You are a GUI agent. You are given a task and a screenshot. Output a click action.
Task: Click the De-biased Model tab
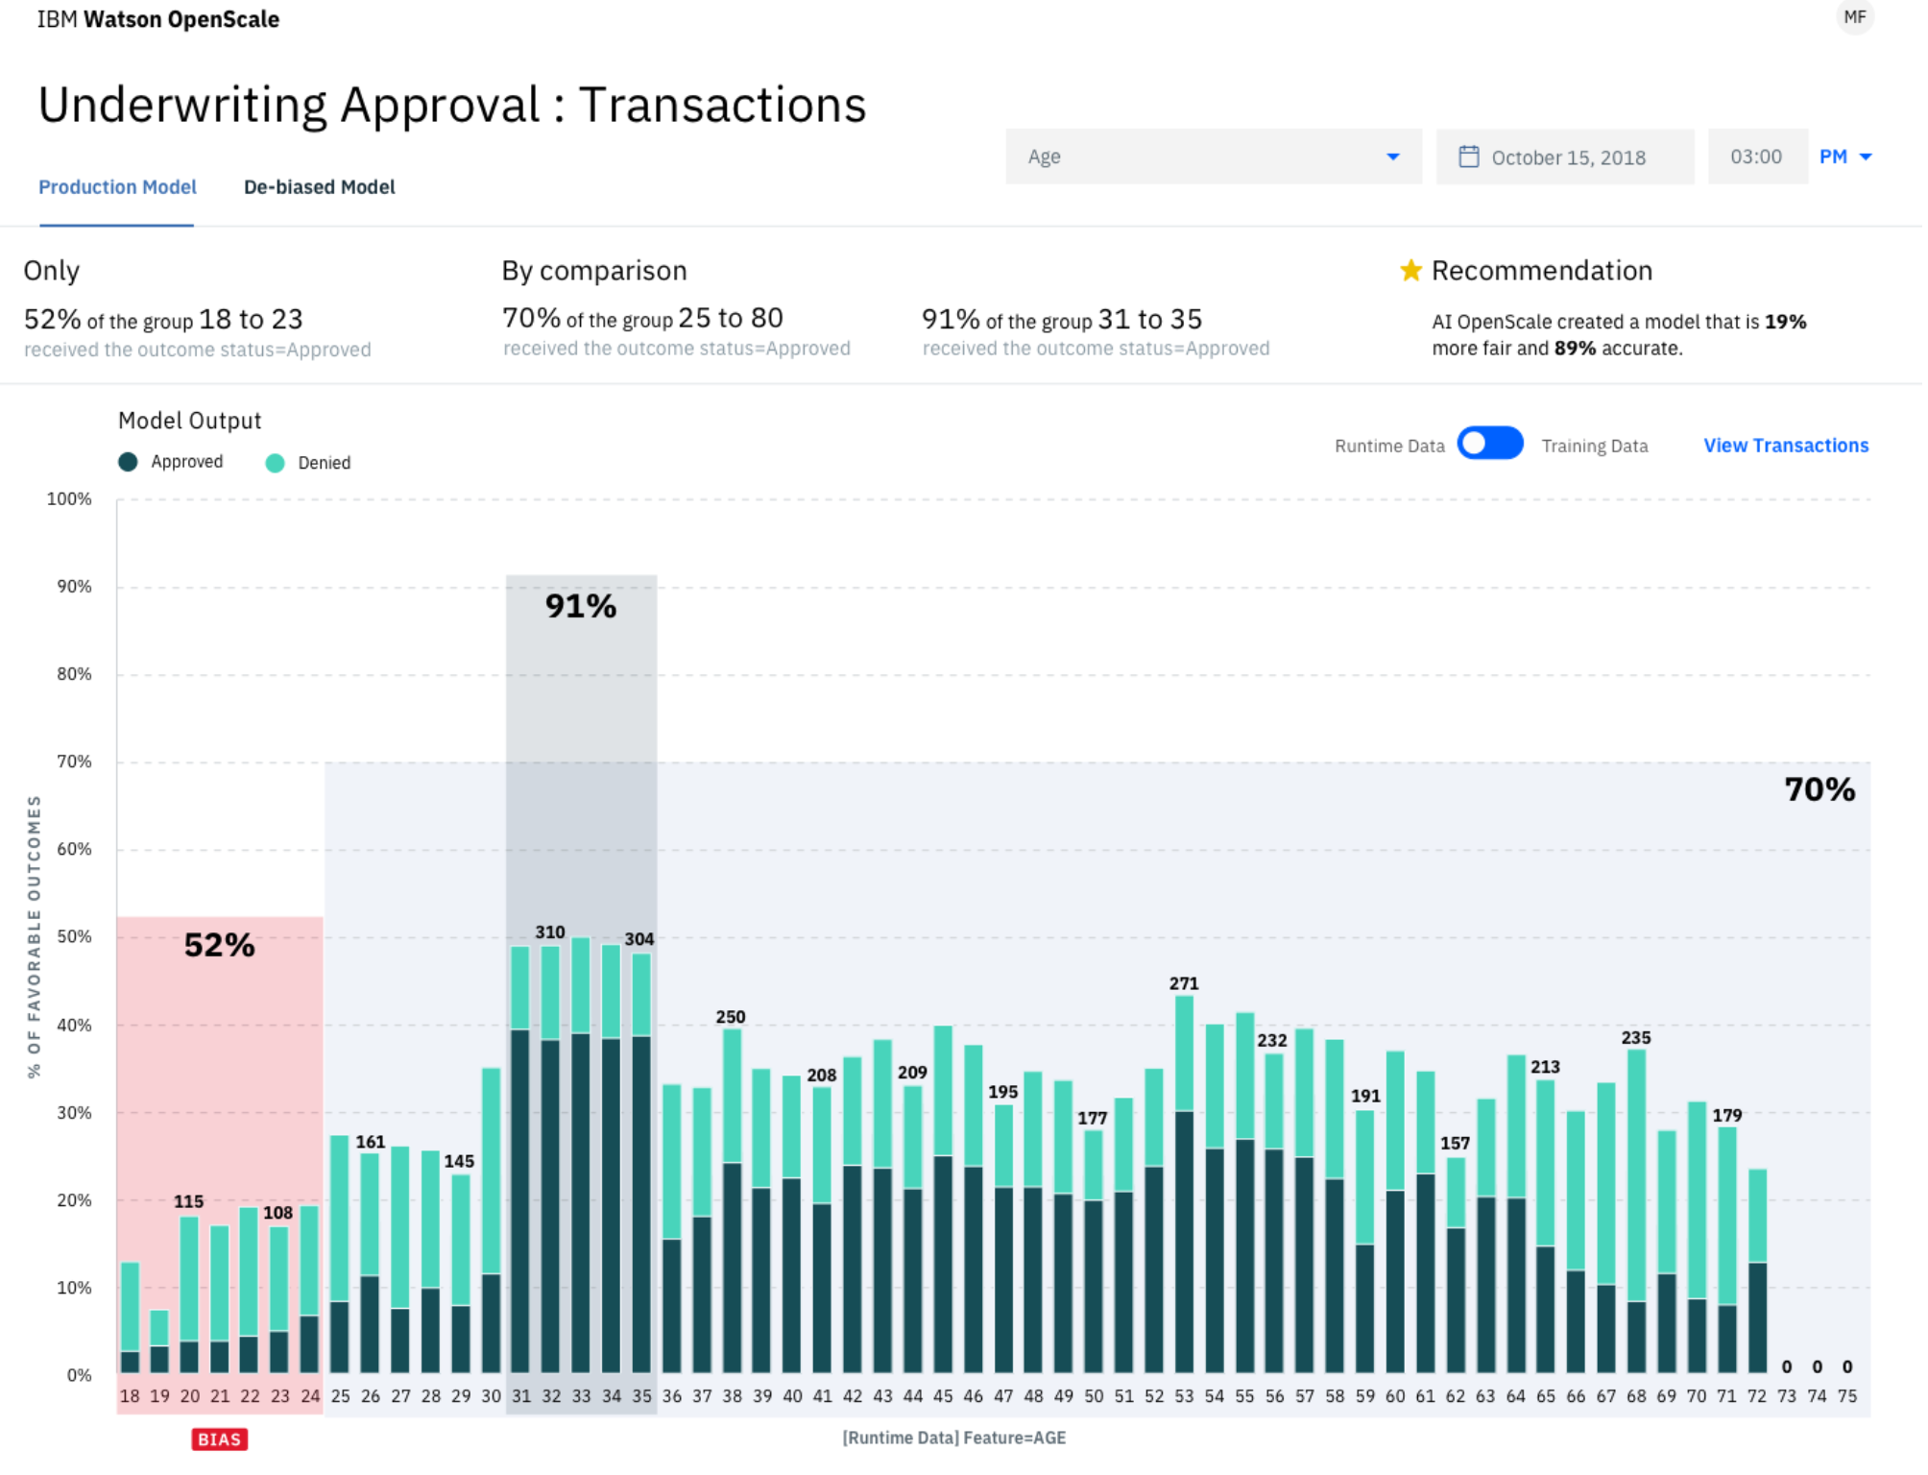(319, 187)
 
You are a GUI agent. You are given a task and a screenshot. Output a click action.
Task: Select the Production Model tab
(117, 187)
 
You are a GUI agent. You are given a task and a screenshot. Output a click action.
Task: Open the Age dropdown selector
(1214, 157)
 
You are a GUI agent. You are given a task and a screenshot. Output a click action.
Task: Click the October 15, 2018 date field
(1565, 157)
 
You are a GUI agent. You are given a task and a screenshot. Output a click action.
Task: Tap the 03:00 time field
(1757, 157)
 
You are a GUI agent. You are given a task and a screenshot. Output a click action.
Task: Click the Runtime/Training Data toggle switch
(1490, 444)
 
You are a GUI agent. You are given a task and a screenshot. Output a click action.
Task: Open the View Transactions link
(1786, 446)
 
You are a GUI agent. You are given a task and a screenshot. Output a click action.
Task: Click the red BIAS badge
(219, 1439)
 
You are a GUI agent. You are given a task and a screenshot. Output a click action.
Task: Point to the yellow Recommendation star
(1410, 271)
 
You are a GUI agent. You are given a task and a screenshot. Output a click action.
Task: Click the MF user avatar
(1855, 17)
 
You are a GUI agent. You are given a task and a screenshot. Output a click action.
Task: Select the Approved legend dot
(128, 462)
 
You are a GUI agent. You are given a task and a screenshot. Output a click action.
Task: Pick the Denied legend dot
(275, 463)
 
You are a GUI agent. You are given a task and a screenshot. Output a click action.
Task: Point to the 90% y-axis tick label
(74, 587)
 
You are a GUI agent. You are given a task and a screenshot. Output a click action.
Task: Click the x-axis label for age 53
(1184, 1396)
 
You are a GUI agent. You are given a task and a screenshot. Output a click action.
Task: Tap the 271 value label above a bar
(1184, 983)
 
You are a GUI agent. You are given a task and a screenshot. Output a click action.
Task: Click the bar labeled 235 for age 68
(1636, 1211)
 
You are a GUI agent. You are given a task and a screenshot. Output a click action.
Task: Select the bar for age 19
(159, 1342)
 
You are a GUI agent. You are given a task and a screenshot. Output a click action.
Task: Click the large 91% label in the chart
(581, 606)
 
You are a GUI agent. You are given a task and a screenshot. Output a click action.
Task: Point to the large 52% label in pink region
(220, 945)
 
